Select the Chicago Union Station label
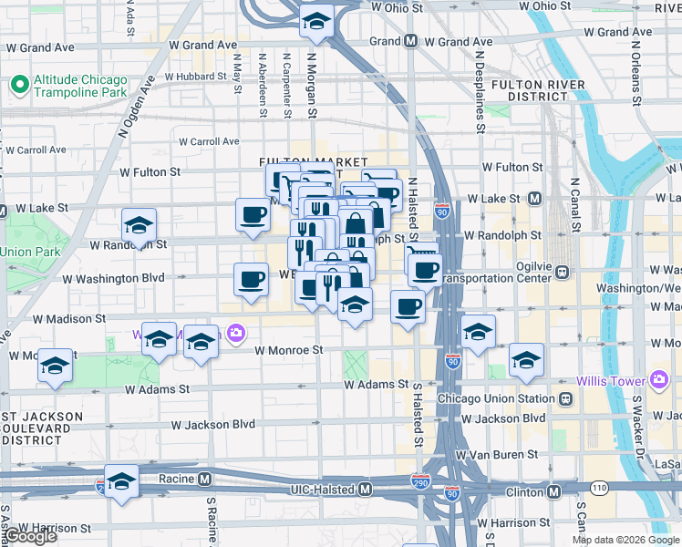(x=496, y=399)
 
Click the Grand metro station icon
(x=411, y=41)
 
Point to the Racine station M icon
(x=205, y=478)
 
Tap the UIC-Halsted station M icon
(x=365, y=490)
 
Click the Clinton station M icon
(x=553, y=490)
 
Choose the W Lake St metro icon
(x=534, y=199)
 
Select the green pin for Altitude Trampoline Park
(x=18, y=87)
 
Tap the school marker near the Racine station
(x=121, y=480)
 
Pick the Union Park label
(x=29, y=252)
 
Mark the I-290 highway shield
(x=420, y=480)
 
